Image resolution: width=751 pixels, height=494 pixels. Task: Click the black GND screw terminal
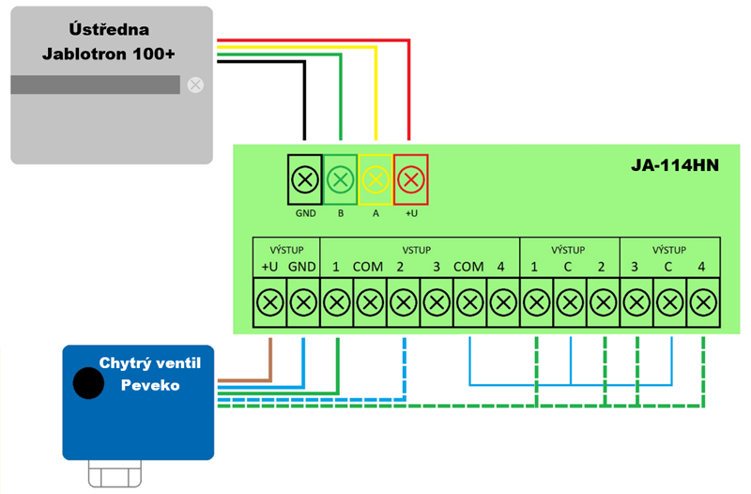305,178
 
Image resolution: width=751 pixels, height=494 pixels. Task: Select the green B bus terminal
341,178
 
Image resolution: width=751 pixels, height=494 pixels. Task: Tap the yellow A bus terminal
375,178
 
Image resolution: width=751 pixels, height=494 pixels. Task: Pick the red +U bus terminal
410,178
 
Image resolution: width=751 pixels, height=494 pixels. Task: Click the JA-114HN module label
674,166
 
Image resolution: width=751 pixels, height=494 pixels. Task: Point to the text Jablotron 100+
109,53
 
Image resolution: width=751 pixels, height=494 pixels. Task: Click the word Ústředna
109,29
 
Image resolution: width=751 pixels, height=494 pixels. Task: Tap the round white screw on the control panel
195,85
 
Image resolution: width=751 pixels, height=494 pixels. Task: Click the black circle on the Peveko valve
89,383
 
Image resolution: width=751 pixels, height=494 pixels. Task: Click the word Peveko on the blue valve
149,385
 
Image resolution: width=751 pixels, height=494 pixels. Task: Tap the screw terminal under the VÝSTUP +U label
270,302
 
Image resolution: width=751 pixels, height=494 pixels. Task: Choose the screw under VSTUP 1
336,302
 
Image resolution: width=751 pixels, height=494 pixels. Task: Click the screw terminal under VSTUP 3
436,302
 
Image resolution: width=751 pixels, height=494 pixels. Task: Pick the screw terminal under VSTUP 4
502,302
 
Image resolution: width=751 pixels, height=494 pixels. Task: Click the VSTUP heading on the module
416,251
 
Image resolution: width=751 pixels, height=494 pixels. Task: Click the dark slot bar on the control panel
95,85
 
